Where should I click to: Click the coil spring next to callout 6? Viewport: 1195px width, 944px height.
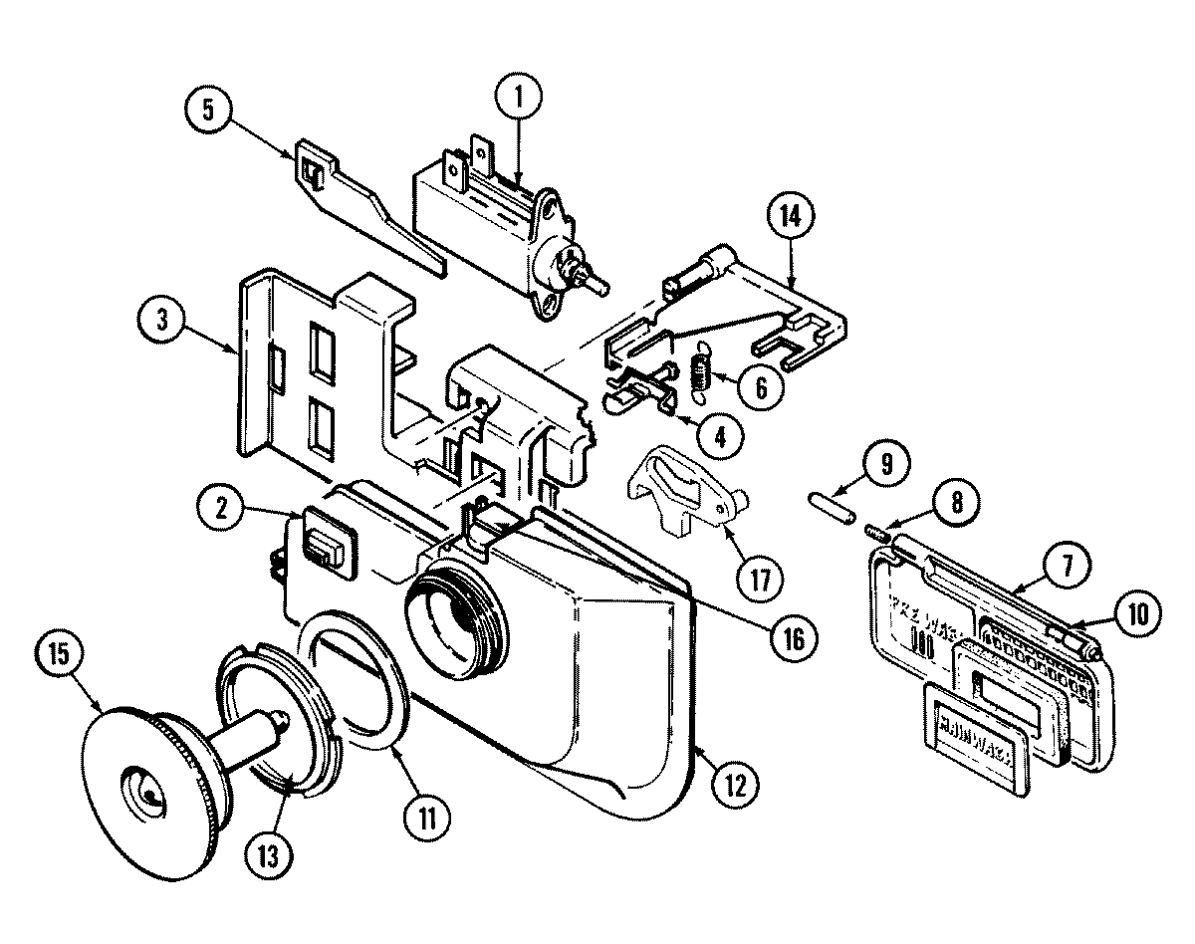699,370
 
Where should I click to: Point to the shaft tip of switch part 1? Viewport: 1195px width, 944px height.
602,283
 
